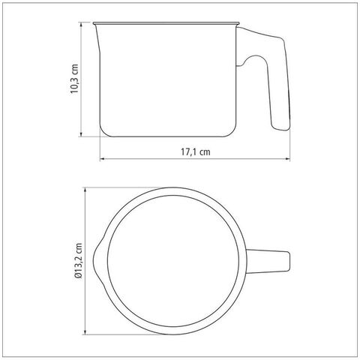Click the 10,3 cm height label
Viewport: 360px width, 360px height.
click(74, 79)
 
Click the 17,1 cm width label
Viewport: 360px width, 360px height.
click(196, 151)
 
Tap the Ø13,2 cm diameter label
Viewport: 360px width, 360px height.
click(78, 261)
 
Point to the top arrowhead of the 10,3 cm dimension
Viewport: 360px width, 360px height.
click(81, 25)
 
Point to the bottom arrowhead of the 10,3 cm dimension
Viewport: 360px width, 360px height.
click(81, 133)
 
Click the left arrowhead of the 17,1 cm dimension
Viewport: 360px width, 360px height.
click(103, 158)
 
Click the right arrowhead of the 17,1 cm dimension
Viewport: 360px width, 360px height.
click(287, 158)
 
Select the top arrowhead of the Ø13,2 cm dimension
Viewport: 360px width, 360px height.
click(85, 190)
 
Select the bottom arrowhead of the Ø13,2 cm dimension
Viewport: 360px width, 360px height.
click(85, 331)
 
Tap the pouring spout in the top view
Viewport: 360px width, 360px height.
click(98, 260)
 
